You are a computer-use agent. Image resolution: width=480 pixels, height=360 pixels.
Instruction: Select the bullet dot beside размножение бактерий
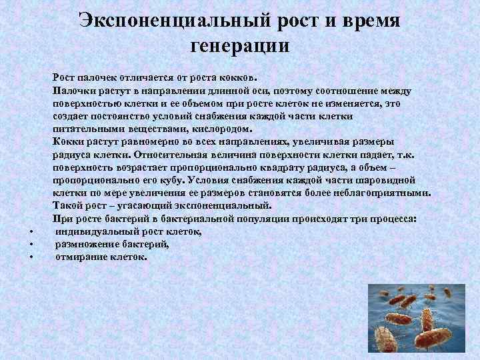31,245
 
